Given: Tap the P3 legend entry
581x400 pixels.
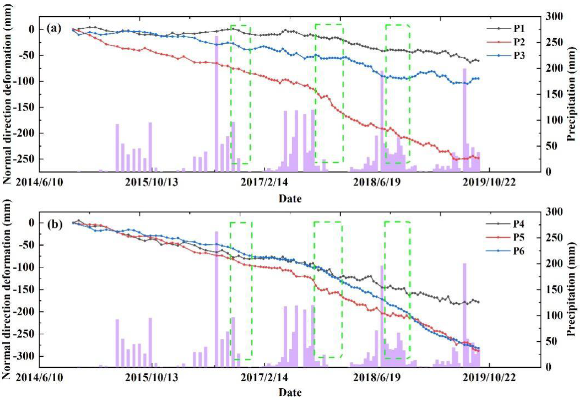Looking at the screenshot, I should tap(519, 56).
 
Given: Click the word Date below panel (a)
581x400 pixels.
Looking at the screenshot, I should tap(290, 199).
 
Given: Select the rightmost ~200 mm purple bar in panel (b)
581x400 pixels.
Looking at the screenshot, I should tap(464, 313).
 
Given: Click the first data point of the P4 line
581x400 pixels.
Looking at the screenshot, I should tap(73, 223).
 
